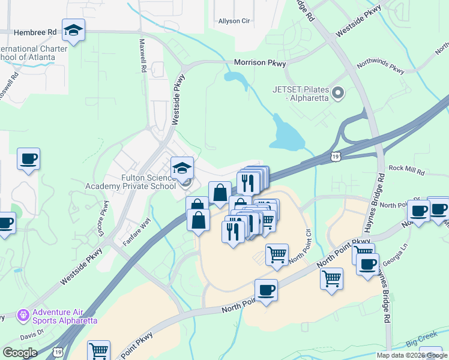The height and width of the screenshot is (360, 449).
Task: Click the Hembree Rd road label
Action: point(35,31)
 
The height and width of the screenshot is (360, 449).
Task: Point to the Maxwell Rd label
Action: point(143,56)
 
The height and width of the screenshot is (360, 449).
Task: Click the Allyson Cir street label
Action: point(234,21)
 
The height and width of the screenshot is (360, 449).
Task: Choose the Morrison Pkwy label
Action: point(259,62)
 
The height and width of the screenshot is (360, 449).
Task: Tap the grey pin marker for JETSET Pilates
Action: point(338,93)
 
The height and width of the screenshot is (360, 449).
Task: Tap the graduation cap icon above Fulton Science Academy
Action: point(182,169)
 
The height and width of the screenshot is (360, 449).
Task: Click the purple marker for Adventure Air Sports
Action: point(23,314)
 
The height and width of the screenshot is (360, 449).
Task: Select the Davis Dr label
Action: point(32,331)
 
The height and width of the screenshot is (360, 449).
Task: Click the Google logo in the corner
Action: point(20,352)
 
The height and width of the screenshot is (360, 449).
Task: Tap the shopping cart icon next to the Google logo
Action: point(98,350)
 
